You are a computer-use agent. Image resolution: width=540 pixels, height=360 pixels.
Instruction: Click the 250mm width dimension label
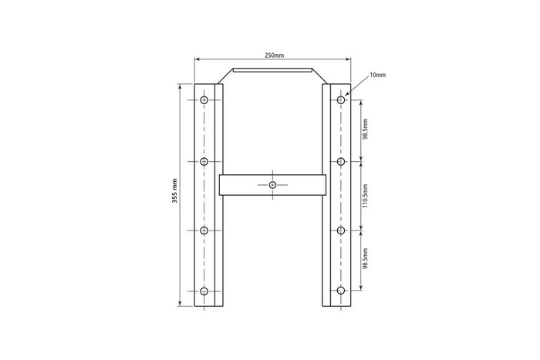coord(274,56)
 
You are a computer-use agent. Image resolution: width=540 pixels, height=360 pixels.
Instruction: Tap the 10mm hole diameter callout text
coord(377,75)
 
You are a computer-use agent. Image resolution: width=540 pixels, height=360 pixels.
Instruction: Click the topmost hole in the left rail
coord(204,100)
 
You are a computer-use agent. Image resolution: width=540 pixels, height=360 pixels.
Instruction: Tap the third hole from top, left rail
coord(204,230)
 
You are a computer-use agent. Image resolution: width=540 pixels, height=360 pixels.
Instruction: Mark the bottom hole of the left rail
coord(204,291)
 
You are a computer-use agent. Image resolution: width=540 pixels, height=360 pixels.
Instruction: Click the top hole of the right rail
coord(340,100)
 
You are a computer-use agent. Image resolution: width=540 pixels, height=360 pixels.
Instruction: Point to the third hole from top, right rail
coord(340,230)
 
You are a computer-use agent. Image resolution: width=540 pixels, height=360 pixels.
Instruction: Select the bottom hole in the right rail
coord(340,291)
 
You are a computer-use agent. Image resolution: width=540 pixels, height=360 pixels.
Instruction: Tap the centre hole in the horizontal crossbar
coord(272,185)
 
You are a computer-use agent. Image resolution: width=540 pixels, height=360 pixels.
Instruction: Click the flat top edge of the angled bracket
coord(272,69)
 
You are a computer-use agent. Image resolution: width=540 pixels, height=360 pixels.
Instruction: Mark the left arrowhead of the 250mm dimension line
coord(197,59)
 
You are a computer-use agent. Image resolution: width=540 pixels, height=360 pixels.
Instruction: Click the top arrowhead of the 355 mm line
coord(181,87)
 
